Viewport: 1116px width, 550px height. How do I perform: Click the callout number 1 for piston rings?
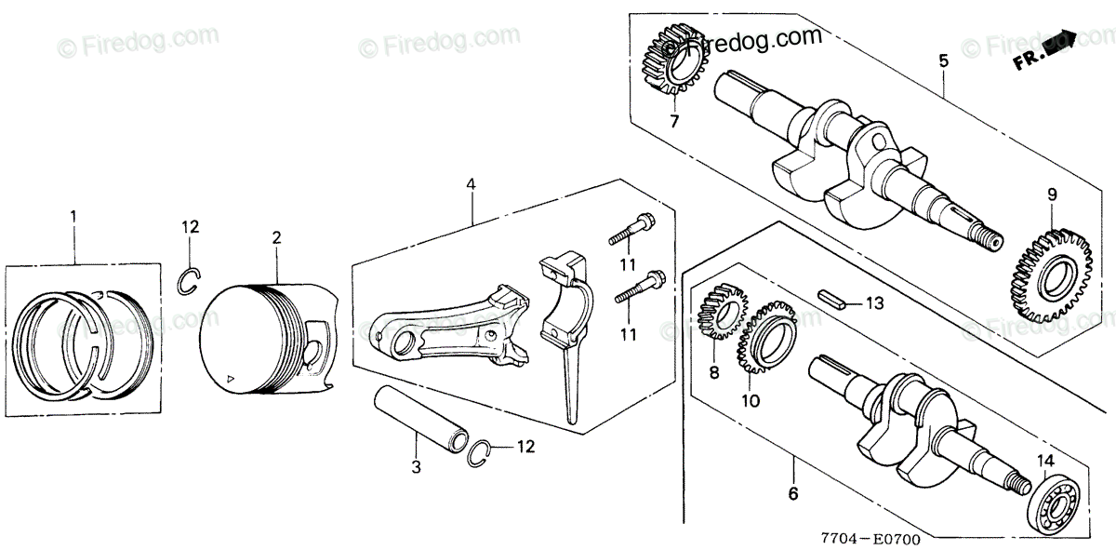pos(73,216)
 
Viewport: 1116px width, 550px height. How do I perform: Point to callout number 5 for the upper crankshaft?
pos(943,62)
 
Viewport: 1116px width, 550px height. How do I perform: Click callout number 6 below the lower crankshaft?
pos(792,494)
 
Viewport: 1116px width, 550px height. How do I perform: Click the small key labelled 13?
pos(831,301)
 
